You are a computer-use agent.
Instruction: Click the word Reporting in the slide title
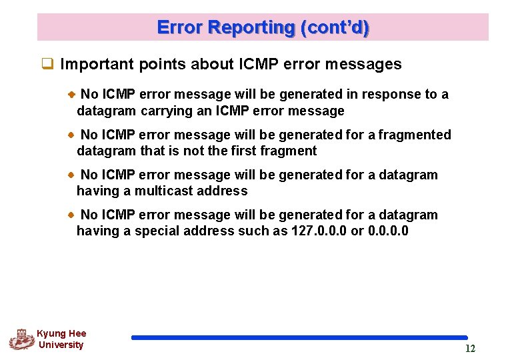(x=251, y=27)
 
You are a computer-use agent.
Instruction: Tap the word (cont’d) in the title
(x=335, y=27)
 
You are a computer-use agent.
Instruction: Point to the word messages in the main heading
(x=369, y=64)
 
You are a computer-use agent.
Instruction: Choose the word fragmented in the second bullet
(x=414, y=135)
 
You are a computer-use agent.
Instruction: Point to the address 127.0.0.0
(x=319, y=231)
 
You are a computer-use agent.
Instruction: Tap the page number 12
(x=470, y=349)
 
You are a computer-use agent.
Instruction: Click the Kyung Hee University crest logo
(x=21, y=339)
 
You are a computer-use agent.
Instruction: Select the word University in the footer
(x=61, y=345)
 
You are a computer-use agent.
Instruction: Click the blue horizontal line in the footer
(x=299, y=337)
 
